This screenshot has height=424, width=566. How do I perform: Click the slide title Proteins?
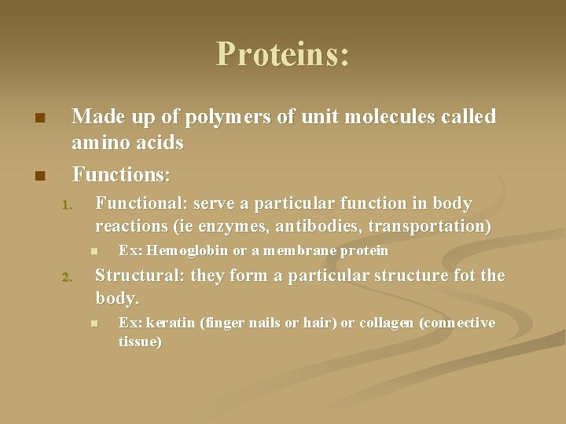coord(283,54)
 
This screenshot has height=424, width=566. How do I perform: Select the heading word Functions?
coord(121,171)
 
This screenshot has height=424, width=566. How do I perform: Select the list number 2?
coord(67,277)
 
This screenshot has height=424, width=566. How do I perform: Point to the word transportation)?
coord(443,227)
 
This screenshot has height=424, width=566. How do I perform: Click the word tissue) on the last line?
coord(140,342)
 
